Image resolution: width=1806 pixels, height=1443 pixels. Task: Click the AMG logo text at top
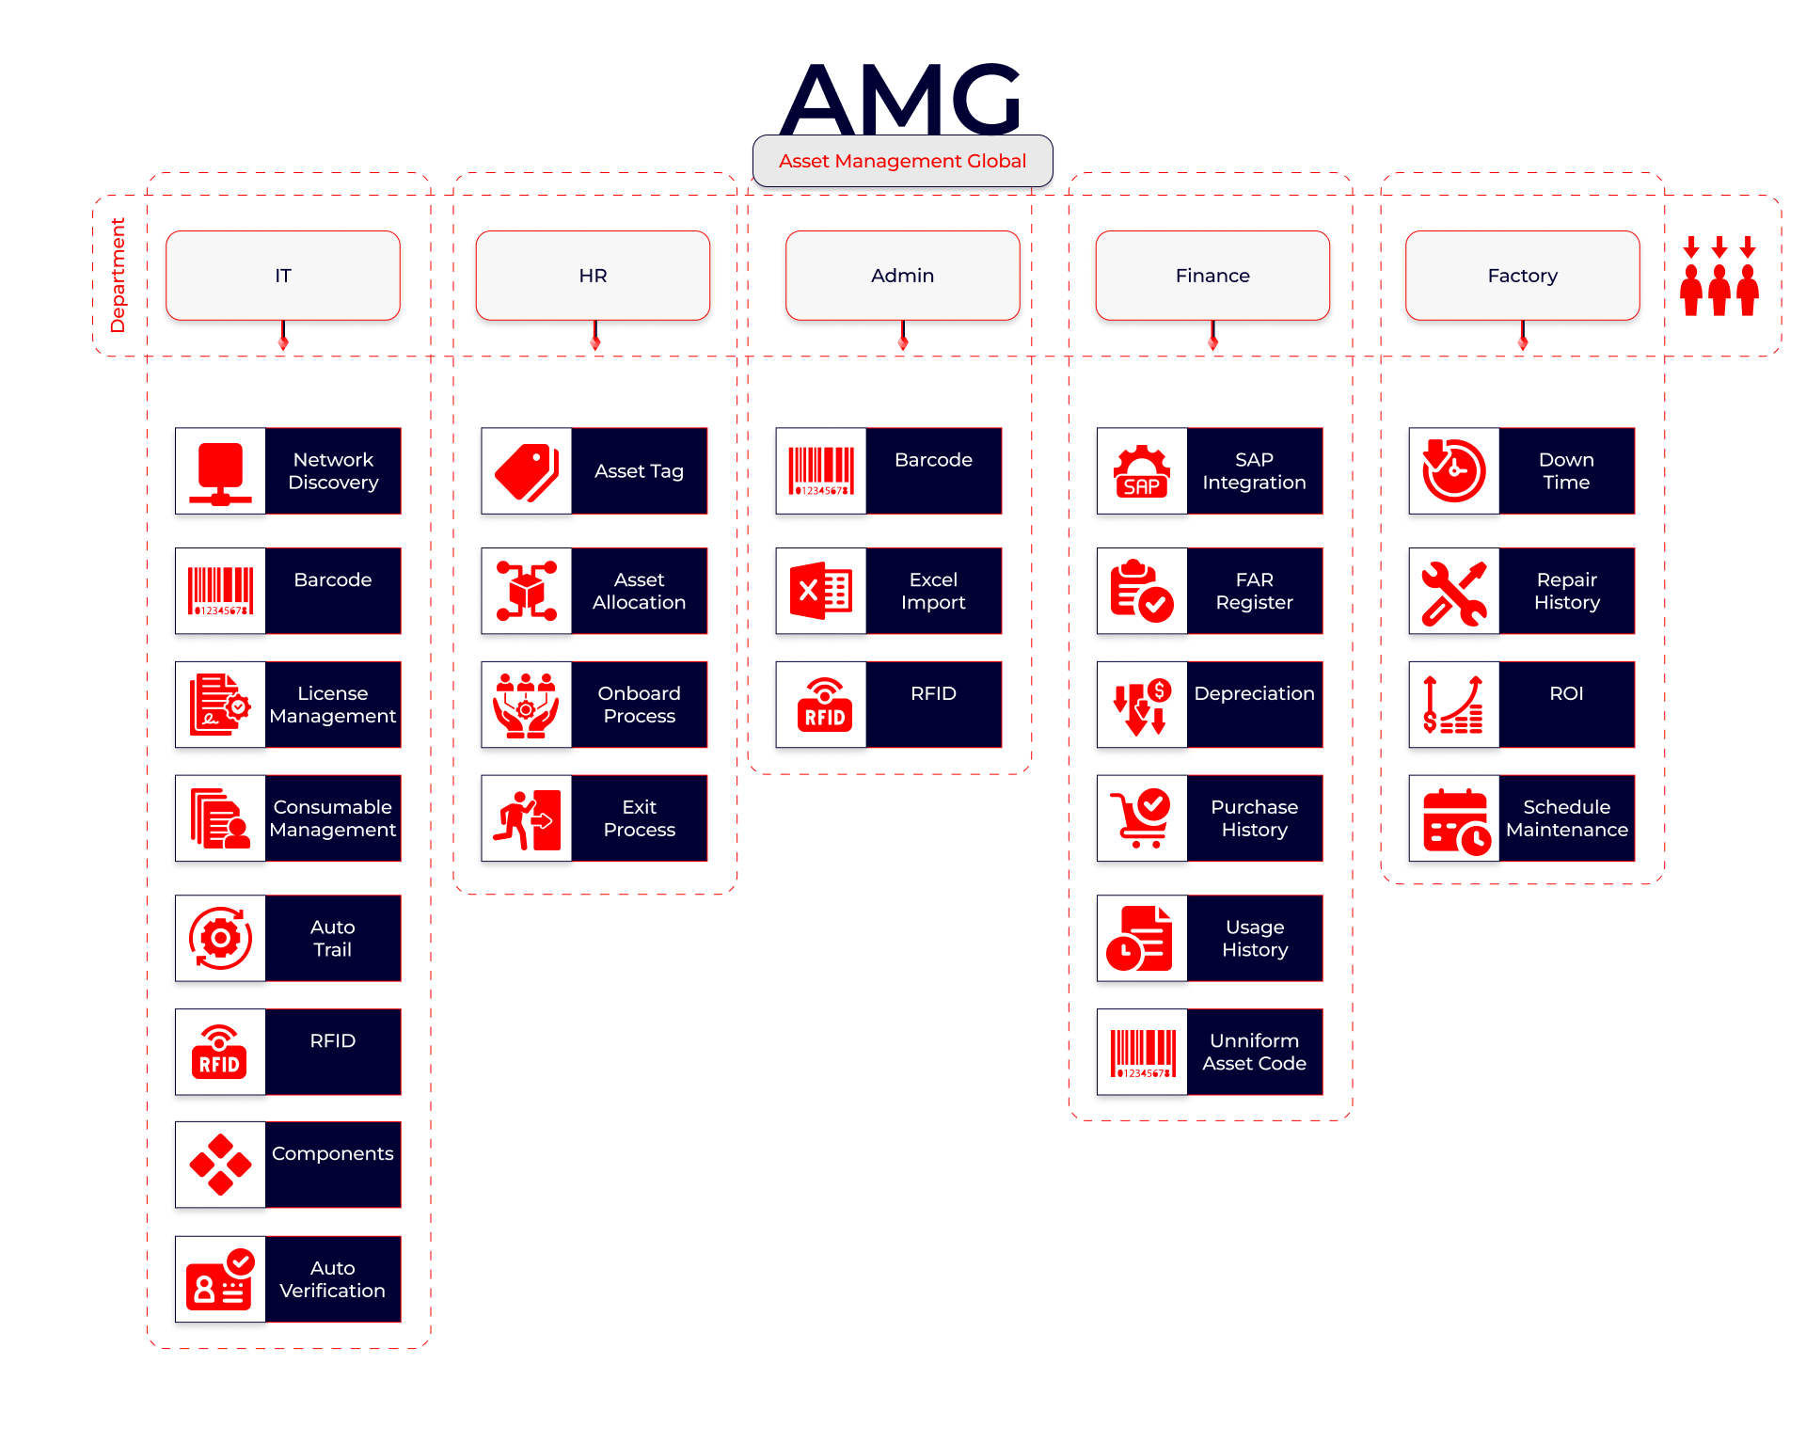pos(901,99)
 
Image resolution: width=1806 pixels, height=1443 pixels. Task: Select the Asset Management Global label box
pos(902,161)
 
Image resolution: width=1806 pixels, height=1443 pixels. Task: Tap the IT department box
pos(283,276)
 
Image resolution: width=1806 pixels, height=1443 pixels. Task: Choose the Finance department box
pos(1212,276)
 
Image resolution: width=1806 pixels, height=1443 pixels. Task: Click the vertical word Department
pos(118,276)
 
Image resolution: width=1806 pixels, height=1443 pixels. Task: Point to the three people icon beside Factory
pos(1719,277)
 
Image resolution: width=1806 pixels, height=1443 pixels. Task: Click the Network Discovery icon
pos(221,471)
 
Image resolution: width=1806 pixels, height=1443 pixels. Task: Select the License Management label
pos(333,705)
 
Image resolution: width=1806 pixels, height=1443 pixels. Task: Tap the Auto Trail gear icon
pos(221,938)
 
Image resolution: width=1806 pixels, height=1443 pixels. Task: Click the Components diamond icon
pos(221,1165)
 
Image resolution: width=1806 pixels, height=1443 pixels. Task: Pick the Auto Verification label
pos(333,1279)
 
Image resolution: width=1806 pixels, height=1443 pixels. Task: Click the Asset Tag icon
pos(527,471)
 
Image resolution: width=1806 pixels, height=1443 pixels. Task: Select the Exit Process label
pos(640,818)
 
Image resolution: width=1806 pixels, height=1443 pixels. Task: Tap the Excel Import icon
pos(821,591)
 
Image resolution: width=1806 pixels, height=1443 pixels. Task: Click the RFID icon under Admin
pos(821,705)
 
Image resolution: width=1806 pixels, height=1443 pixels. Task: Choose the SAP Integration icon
pos(1142,471)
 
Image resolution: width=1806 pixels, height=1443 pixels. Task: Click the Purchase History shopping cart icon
pos(1142,818)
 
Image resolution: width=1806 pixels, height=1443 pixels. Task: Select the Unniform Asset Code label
pos(1255,1052)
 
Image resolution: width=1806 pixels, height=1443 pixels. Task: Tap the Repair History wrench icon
pos(1454,591)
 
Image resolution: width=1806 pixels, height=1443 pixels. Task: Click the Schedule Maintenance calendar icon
pos(1454,818)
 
